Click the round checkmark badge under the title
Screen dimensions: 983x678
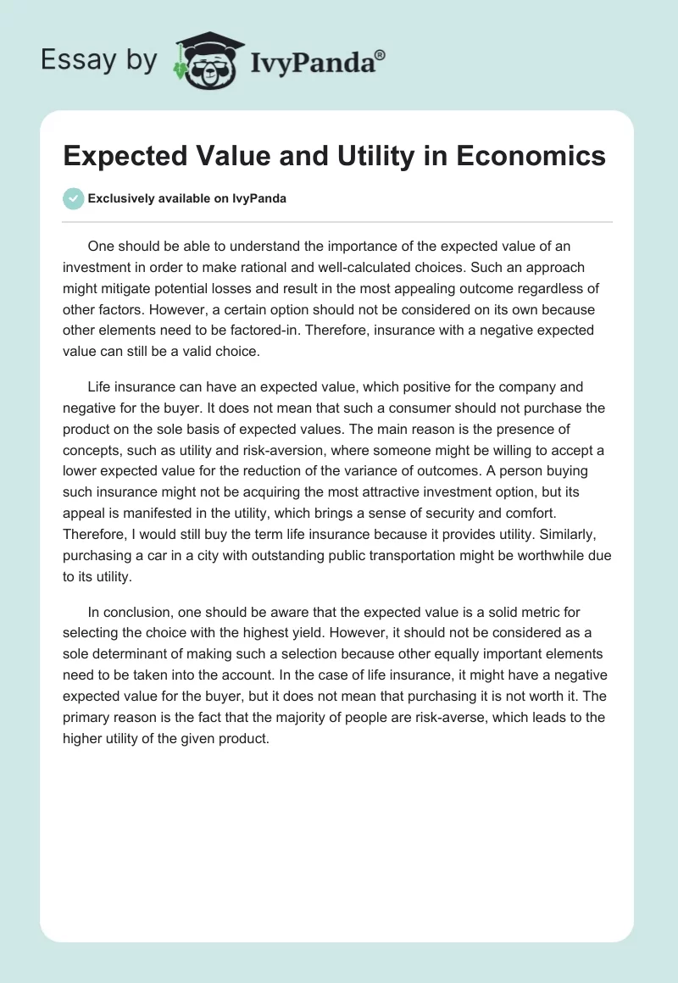[73, 198]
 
